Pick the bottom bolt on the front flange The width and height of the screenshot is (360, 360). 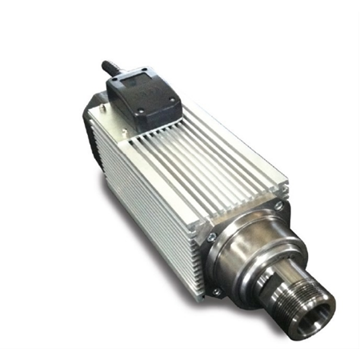(x=217, y=293)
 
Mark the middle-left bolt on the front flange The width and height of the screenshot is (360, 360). (x=210, y=238)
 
